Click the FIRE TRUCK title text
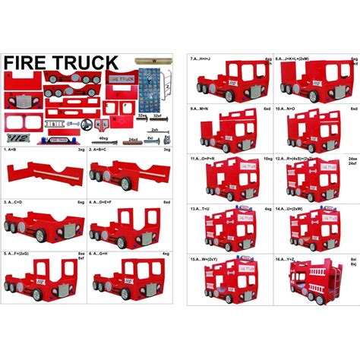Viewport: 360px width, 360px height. click(x=62, y=62)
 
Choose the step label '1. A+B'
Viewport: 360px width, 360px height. click(x=14, y=150)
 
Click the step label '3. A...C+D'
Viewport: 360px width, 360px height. click(x=16, y=203)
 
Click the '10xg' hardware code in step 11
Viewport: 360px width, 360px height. click(x=267, y=158)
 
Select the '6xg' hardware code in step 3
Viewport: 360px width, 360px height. click(x=81, y=203)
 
